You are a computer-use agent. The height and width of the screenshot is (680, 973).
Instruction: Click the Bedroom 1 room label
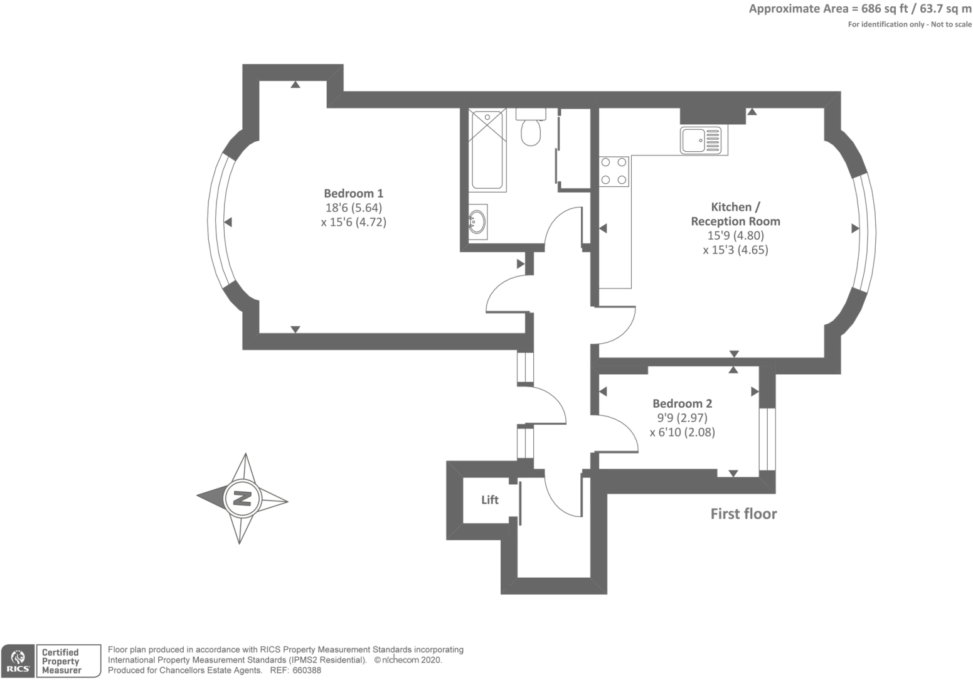[x=353, y=193]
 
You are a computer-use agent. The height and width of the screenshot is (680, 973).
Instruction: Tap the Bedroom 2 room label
[x=682, y=403]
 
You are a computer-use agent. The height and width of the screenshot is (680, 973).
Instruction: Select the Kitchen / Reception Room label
[x=735, y=214]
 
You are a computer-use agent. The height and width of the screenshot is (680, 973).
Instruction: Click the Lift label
[x=489, y=499]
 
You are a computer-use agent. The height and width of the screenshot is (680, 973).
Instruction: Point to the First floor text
[x=743, y=514]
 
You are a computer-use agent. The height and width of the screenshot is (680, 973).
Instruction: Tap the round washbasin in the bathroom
[x=477, y=221]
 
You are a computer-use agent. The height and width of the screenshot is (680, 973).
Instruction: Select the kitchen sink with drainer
[x=703, y=141]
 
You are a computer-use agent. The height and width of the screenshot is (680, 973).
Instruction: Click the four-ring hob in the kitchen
[x=614, y=171]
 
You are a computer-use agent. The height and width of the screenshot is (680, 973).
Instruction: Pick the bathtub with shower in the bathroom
[x=487, y=150]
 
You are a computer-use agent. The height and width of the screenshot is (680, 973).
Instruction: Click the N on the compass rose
[x=242, y=499]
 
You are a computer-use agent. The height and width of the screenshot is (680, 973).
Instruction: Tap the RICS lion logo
[x=18, y=661]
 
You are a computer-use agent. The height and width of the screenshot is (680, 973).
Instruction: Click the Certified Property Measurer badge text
[x=61, y=661]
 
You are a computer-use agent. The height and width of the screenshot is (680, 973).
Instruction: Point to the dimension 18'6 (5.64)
[x=353, y=208]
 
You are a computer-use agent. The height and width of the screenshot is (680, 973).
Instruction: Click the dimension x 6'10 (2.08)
[x=682, y=432]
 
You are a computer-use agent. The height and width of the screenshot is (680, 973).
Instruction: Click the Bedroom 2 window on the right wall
[x=767, y=439]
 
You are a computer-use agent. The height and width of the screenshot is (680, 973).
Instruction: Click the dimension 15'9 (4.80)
[x=735, y=235]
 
